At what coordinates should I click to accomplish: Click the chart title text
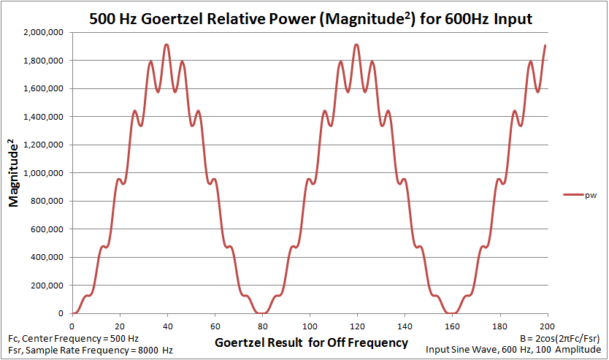point(310,19)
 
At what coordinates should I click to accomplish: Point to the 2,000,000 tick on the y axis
point(44,32)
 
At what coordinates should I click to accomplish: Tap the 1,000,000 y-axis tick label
point(44,173)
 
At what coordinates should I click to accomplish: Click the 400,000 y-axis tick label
point(47,258)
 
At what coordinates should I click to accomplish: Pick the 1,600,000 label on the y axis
point(44,88)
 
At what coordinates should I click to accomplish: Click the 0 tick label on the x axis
point(72,326)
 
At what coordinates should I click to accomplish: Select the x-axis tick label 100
point(310,326)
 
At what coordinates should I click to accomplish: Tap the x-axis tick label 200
point(548,326)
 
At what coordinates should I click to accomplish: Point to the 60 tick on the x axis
point(215,326)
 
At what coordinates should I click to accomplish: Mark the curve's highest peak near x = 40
point(166,45)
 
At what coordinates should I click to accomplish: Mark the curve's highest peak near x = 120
point(356,45)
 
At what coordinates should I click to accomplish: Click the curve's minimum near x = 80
point(261,313)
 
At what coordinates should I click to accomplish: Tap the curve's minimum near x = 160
point(452,313)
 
